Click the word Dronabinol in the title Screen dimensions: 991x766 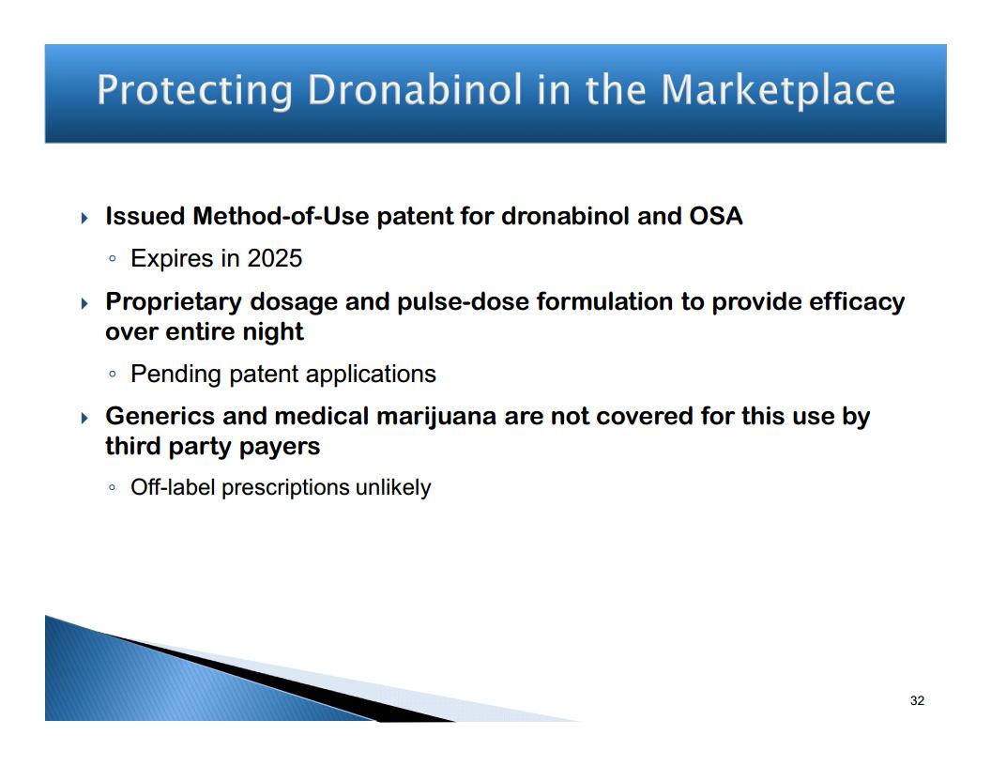415,89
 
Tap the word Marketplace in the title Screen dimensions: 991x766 778,91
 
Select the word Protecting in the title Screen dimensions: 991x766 194,91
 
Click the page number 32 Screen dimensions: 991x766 917,700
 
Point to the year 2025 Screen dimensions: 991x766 274,258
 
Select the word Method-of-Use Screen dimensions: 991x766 282,216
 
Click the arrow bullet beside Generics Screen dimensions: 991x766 84,418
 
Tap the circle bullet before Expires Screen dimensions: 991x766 112,258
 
